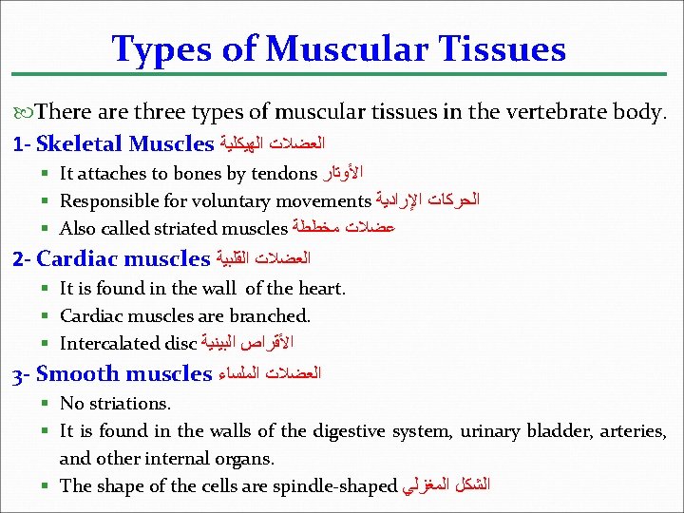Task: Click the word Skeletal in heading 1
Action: [79, 144]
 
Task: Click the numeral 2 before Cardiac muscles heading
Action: [16, 258]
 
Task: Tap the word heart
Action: [323, 288]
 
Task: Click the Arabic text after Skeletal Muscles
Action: [272, 144]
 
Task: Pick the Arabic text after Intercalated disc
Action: [248, 343]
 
